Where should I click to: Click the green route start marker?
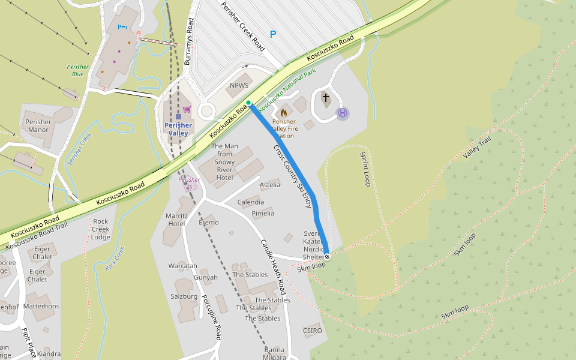pyautogui.click(x=248, y=103)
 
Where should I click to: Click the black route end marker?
pyautogui.click(x=327, y=256)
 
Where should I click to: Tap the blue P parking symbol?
pyautogui.click(x=273, y=35)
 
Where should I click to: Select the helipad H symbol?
pyautogui.click(x=343, y=113)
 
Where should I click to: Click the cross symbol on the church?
pyautogui.click(x=326, y=97)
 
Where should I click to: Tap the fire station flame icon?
pyautogui.click(x=284, y=112)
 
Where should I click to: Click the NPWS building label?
pyautogui.click(x=239, y=86)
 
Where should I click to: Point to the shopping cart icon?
pyautogui.click(x=187, y=109)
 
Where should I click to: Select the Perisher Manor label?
pyautogui.click(x=38, y=125)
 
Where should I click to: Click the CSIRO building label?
pyautogui.click(x=313, y=331)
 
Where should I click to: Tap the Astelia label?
pyautogui.click(x=269, y=184)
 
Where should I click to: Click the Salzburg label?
pyautogui.click(x=184, y=296)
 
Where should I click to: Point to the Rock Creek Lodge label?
pyautogui.click(x=101, y=229)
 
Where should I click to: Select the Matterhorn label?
pyautogui.click(x=41, y=306)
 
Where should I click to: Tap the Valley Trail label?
pyautogui.click(x=477, y=148)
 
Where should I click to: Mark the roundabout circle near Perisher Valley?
pyautogui.click(x=207, y=110)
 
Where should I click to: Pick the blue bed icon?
pyautogui.click(x=123, y=27)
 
